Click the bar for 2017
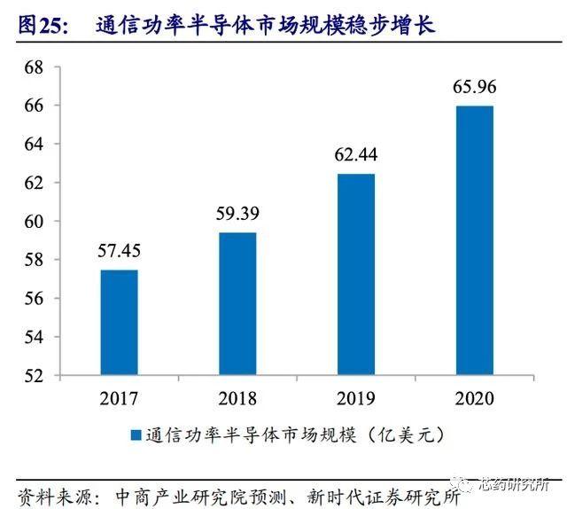[119, 322]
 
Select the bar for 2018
[237, 303]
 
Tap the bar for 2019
[355, 274]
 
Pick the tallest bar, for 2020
[474, 240]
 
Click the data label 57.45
[119, 253]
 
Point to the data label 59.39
[237, 215]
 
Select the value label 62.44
[355, 156]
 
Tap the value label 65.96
[474, 89]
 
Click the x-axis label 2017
[119, 397]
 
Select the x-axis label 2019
[355, 397]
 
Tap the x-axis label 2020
[474, 397]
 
